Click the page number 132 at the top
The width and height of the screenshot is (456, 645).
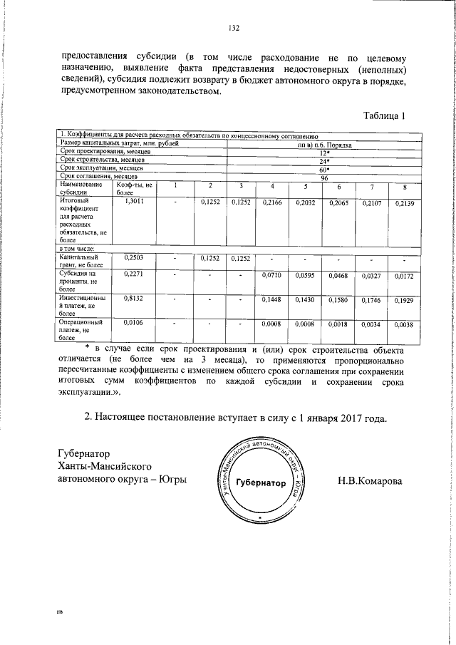coord(233,29)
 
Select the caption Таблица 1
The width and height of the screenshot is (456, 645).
coord(384,116)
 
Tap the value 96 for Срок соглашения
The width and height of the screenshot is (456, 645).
coord(324,177)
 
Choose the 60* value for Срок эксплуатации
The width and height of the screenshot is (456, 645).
coord(324,169)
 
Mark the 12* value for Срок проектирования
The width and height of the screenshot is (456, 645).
coord(324,153)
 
